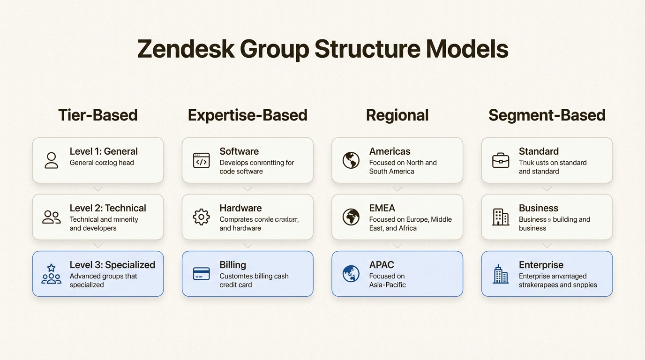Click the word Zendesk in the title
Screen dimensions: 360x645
click(x=186, y=49)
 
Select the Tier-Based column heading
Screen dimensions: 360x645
click(x=98, y=115)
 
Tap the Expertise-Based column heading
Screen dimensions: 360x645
click(x=247, y=115)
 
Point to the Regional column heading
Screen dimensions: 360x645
click(x=397, y=115)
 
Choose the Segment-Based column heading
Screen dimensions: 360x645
click(x=547, y=115)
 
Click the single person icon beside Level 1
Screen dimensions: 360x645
click(x=52, y=160)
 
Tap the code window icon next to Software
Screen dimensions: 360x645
click(x=202, y=160)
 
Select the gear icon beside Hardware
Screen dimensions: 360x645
click(x=202, y=217)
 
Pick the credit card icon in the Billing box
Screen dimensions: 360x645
click(x=202, y=274)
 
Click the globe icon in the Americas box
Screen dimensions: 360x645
click(x=351, y=160)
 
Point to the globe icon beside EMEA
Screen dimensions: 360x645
click(x=351, y=217)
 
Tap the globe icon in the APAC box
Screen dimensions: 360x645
click(x=351, y=274)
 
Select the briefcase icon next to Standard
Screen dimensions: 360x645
click(x=501, y=160)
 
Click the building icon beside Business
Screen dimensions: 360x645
click(x=501, y=217)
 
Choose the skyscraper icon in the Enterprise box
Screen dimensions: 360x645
click(x=501, y=274)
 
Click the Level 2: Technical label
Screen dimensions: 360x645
click(x=108, y=208)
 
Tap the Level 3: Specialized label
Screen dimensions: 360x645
click(x=112, y=265)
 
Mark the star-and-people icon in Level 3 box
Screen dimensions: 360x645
click(x=52, y=274)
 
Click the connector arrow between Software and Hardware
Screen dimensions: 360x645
click(x=247, y=189)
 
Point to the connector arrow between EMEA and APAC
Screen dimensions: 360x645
click(x=397, y=246)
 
